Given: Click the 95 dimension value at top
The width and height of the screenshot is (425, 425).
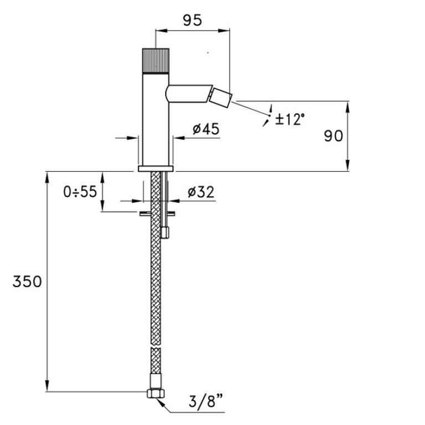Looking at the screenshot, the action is pyautogui.click(x=192, y=21).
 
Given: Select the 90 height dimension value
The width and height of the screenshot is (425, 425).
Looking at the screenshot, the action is pyautogui.click(x=334, y=136).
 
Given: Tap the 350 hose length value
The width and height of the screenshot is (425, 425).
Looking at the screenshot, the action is pyautogui.click(x=27, y=281).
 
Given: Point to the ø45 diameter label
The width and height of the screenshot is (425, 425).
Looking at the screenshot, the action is pyautogui.click(x=206, y=129).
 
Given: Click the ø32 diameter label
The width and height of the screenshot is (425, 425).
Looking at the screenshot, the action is pyautogui.click(x=201, y=192).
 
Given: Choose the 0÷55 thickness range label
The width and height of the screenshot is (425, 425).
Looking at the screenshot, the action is pyautogui.click(x=80, y=192).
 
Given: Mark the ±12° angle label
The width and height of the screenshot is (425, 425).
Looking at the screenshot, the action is pyautogui.click(x=290, y=119).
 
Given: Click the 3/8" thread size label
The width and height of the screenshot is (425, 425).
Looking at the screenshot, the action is pyautogui.click(x=206, y=401).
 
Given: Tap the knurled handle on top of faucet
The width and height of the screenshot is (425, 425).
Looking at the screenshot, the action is pyautogui.click(x=156, y=61).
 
